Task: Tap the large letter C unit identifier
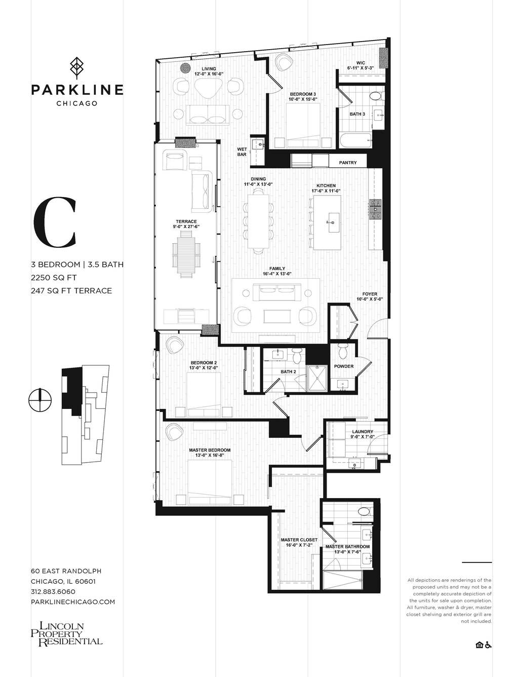click(x=55, y=222)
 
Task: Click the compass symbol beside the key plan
click(x=40, y=400)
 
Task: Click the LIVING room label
click(x=209, y=69)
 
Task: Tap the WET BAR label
click(x=242, y=152)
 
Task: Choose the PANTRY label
click(x=348, y=162)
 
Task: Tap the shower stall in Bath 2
click(x=317, y=378)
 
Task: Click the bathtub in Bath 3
click(x=355, y=141)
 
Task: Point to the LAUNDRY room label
click(x=363, y=432)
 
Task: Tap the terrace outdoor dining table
click(x=186, y=255)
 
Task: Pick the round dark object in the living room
click(x=186, y=68)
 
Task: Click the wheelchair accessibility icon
click(x=488, y=645)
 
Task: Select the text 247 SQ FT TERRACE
click(x=71, y=291)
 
